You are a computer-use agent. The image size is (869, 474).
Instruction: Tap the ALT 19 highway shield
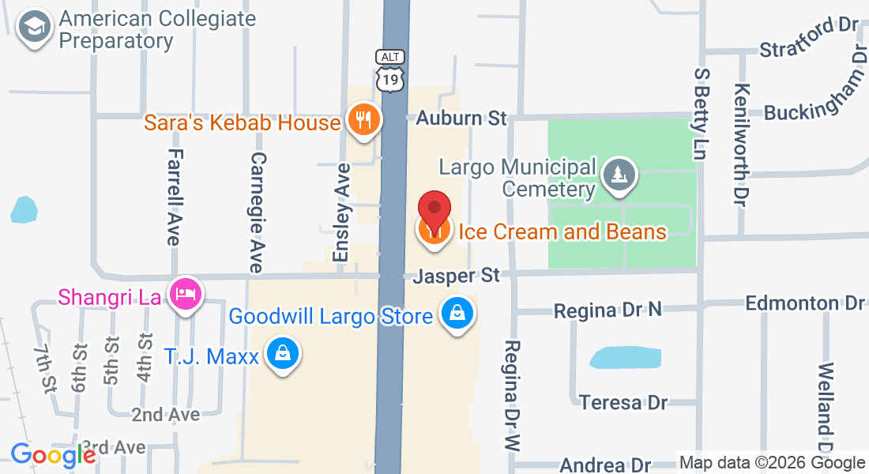pyautogui.click(x=390, y=71)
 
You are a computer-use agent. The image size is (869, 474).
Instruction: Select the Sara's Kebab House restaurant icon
pyautogui.click(x=363, y=120)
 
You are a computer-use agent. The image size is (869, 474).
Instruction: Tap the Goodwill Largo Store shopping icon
pyautogui.click(x=457, y=314)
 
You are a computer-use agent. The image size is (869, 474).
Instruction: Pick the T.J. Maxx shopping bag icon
pyautogui.click(x=282, y=353)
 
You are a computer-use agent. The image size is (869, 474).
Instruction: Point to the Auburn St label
pyautogui.click(x=461, y=118)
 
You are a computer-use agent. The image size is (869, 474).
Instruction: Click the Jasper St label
pyautogui.click(x=457, y=276)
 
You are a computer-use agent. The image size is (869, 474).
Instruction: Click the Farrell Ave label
pyautogui.click(x=175, y=197)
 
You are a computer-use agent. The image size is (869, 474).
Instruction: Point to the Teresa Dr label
pyautogui.click(x=623, y=403)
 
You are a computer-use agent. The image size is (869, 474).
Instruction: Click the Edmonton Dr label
pyautogui.click(x=805, y=303)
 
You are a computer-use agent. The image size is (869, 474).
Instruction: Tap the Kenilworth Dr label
pyautogui.click(x=741, y=145)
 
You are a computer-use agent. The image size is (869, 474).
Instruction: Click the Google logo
pyautogui.click(x=53, y=455)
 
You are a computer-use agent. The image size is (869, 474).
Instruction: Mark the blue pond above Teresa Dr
pyautogui.click(x=624, y=357)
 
